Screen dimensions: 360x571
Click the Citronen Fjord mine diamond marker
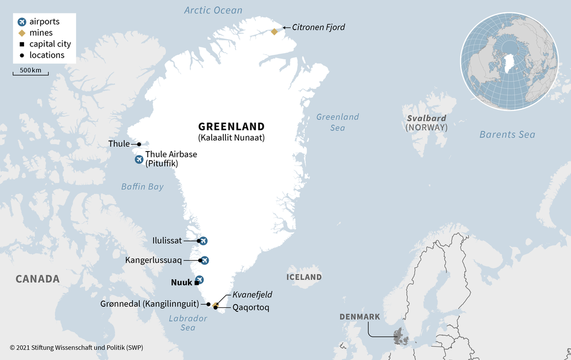tap(274, 31)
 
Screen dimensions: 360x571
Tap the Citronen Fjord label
tap(319, 27)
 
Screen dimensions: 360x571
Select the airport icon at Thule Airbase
tap(139, 160)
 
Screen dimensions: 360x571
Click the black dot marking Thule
tap(139, 144)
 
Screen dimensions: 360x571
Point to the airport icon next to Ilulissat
tap(203, 241)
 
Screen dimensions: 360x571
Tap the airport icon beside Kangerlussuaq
tap(204, 260)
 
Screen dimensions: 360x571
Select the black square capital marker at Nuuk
tap(196, 283)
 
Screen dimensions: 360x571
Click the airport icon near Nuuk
tap(199, 279)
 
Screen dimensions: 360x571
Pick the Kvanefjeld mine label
tap(252, 294)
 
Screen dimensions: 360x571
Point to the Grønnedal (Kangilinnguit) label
tap(149, 304)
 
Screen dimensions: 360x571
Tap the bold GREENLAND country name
tap(231, 127)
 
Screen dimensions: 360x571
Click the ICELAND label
tap(304, 277)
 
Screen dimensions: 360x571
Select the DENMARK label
tap(359, 317)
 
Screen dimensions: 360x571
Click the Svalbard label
tap(427, 118)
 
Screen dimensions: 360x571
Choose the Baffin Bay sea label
tap(143, 186)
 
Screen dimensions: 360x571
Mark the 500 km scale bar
tap(31, 73)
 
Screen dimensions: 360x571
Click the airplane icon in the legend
tap(22, 22)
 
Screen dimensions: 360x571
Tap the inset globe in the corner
tap(509, 61)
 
